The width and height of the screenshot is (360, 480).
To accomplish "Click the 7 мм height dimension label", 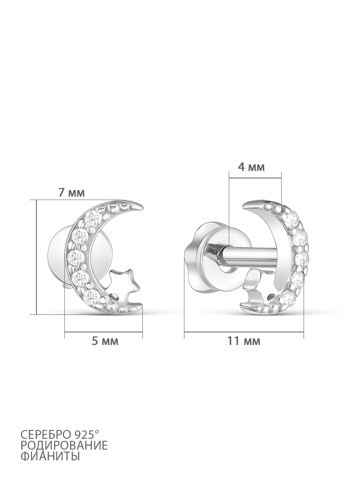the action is click(71, 193).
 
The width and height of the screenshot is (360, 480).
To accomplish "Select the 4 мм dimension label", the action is click(251, 167).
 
